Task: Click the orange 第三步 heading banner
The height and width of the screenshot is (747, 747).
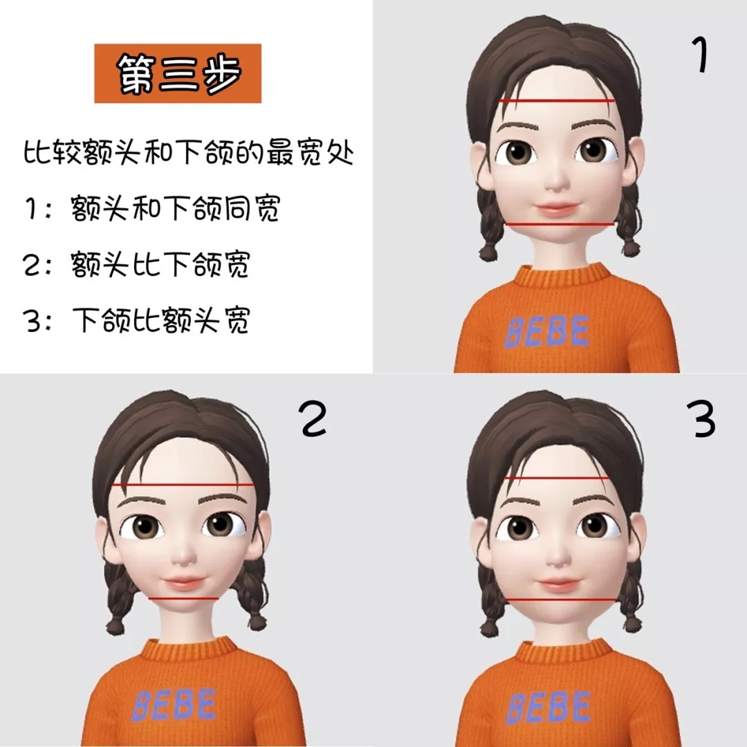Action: pos(178,73)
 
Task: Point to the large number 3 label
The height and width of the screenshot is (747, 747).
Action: pos(703,420)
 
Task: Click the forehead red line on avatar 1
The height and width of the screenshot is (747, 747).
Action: pos(557,101)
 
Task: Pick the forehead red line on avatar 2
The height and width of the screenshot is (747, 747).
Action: pos(183,485)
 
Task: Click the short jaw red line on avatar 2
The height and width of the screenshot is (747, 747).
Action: pos(184,598)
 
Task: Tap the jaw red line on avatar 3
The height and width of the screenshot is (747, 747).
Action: pos(559,599)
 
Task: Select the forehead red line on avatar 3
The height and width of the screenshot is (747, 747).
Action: pos(557,479)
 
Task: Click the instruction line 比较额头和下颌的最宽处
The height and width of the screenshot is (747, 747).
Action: pos(188,154)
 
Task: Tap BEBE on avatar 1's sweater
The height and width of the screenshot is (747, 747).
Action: pos(547,331)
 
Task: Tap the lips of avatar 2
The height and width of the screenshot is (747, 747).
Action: pos(183,582)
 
